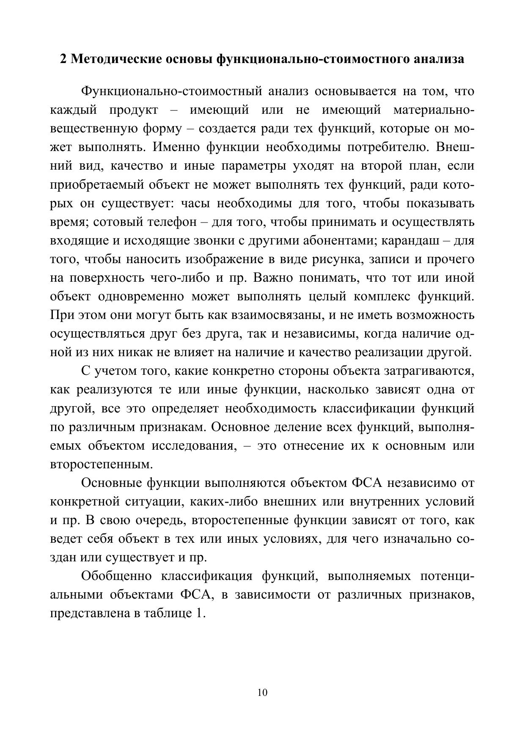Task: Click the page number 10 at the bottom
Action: point(262,693)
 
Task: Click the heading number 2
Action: point(63,59)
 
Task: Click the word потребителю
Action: point(386,147)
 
